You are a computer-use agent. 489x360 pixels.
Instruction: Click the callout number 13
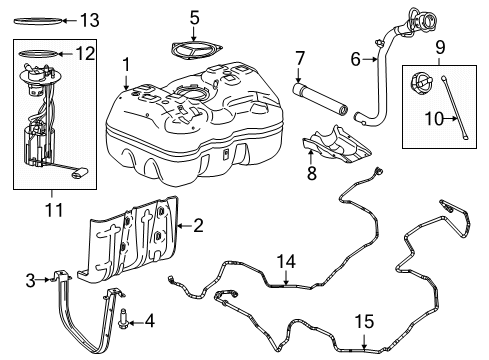(89, 20)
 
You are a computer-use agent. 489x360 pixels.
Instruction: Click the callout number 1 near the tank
(126, 65)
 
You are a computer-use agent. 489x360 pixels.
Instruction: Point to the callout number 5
(195, 17)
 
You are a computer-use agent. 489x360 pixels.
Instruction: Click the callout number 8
(310, 174)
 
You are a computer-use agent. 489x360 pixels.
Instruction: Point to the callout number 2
(198, 227)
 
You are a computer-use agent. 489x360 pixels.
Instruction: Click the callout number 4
(150, 321)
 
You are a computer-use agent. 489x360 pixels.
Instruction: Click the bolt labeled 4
(121, 322)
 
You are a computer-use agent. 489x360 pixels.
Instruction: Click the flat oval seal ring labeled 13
(39, 19)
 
